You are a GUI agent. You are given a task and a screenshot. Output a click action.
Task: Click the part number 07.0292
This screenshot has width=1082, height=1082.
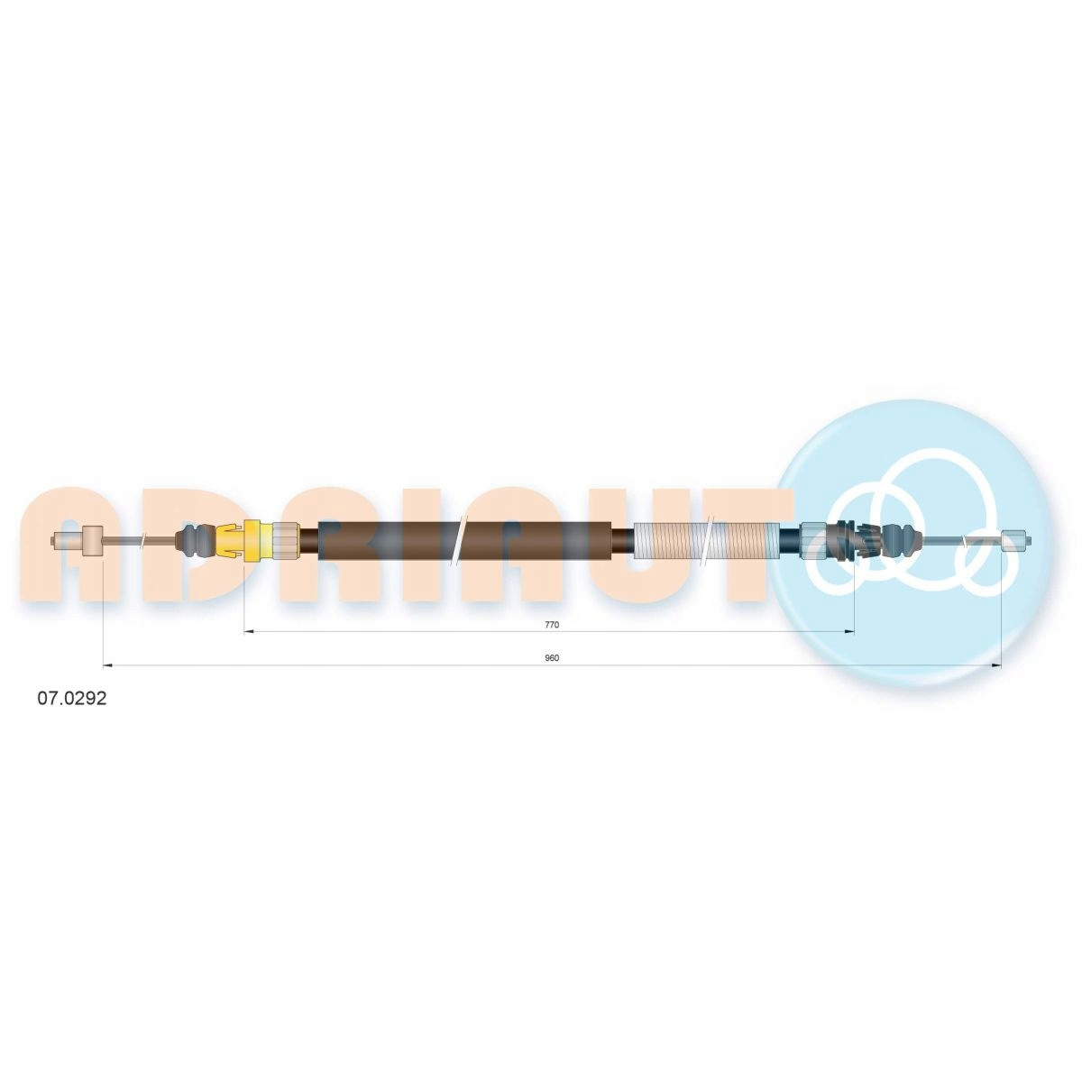pos(71,699)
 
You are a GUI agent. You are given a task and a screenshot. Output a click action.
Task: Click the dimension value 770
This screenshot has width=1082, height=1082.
pos(552,624)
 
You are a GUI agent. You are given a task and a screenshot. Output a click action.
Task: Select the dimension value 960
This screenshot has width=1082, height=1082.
pos(552,658)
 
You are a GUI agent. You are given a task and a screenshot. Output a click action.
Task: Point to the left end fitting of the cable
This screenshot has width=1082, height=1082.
pos(76,541)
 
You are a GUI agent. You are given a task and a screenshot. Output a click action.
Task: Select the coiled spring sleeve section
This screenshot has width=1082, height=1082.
pos(706,541)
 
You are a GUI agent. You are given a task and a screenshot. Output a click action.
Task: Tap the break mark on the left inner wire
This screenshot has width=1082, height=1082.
pos(143,541)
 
